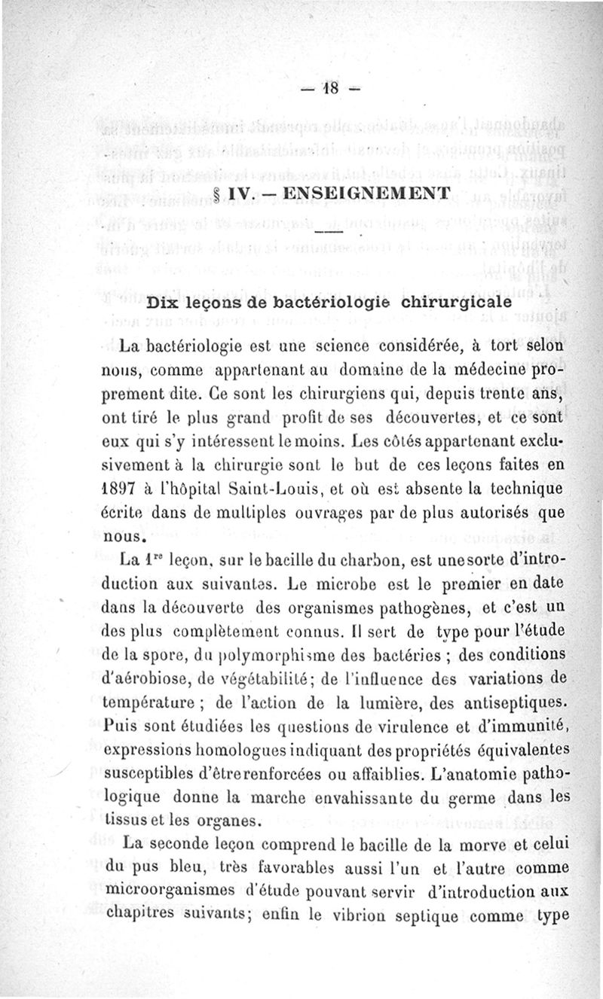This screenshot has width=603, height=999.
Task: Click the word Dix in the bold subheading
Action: (166, 303)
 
